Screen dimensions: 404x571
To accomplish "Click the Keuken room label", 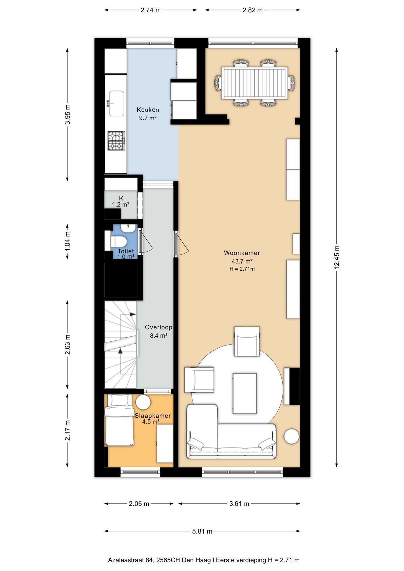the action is click(148, 109).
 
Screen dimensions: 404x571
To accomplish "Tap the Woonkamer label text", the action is click(242, 253).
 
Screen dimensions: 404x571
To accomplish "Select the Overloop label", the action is click(159, 327).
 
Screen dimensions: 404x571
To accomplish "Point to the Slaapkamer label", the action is click(153, 415).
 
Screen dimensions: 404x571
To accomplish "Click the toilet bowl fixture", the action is click(119, 241).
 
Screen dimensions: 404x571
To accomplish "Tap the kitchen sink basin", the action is click(116, 103).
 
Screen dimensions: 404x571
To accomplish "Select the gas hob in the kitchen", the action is click(116, 141).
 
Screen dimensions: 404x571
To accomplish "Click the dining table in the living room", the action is click(255, 83).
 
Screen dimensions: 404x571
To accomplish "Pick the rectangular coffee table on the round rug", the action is click(245, 393).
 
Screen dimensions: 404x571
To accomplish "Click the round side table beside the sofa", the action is click(292, 436).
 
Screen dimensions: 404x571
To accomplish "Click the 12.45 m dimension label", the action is click(337, 257).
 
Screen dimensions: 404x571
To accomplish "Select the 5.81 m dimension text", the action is click(202, 531).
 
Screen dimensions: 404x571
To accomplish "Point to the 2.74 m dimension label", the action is click(151, 10).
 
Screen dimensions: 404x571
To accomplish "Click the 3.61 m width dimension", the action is click(239, 503).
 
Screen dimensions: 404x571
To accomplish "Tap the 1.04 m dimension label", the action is click(68, 241).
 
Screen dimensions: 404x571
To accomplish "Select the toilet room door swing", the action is click(146, 241).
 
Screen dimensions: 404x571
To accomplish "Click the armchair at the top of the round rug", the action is click(247, 341).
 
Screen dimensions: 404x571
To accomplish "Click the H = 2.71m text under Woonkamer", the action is click(242, 269).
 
